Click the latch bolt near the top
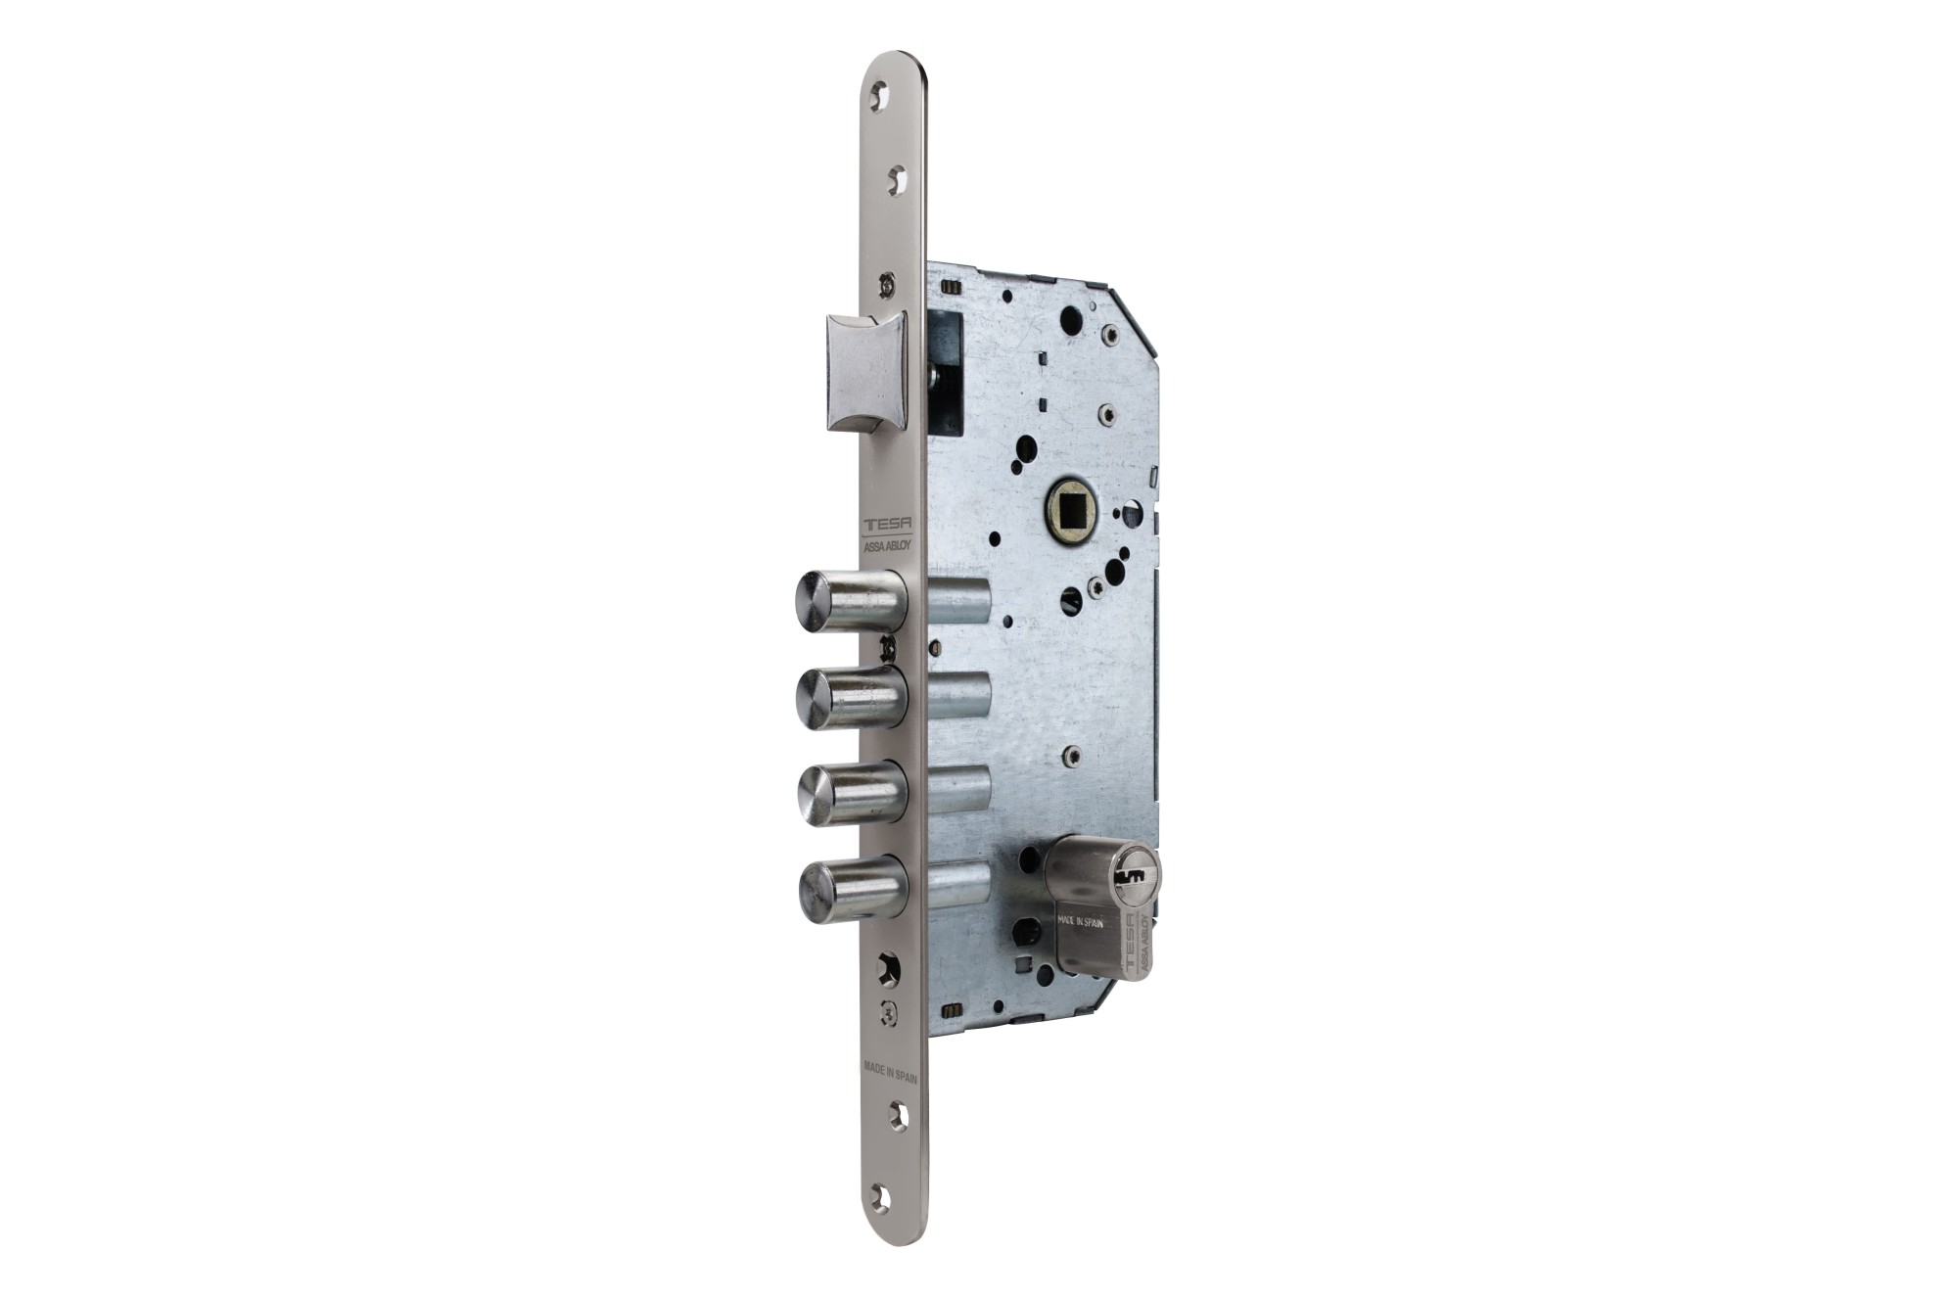pyautogui.click(x=865, y=372)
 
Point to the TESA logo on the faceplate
pyautogui.click(x=887, y=525)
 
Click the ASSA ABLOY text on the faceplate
pyautogui.click(x=888, y=549)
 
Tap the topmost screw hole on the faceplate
pyautogui.click(x=881, y=96)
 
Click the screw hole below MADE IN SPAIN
pyautogui.click(x=896, y=1114)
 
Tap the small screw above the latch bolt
pyautogui.click(x=887, y=284)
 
